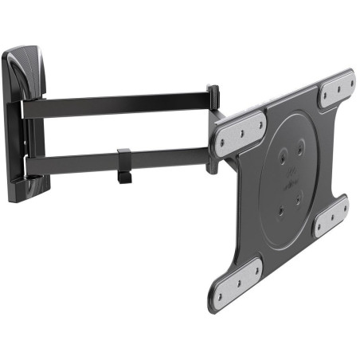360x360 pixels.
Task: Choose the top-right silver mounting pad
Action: (x=337, y=88)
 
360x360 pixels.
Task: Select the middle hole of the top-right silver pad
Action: (x=337, y=88)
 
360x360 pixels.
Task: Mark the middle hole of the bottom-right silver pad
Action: (x=330, y=216)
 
